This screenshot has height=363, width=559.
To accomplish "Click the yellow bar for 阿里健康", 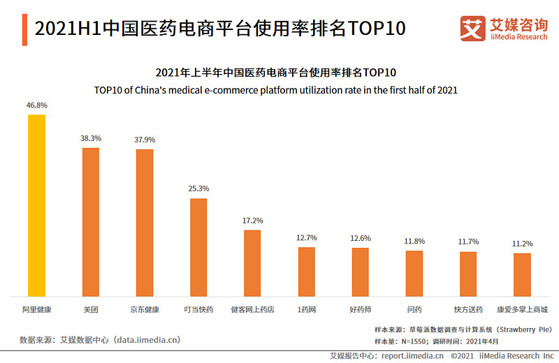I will (x=36, y=205).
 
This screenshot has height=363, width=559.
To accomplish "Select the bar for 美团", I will (x=91, y=222).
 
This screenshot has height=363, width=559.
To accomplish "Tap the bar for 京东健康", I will (x=145, y=223).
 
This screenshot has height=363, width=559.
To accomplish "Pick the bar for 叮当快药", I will (x=198, y=247).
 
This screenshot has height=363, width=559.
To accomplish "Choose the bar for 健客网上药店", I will (x=252, y=262).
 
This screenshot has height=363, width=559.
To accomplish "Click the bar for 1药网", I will (x=306, y=272).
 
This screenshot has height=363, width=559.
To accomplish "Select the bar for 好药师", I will (x=360, y=272).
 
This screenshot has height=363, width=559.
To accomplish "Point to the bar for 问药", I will (x=414, y=273).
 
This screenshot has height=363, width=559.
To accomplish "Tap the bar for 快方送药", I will (x=468, y=274).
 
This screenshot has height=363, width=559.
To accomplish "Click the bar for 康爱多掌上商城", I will (x=522, y=274).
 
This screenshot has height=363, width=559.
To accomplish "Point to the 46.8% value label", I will (x=36, y=105).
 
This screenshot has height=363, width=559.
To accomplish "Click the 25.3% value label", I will (x=198, y=188).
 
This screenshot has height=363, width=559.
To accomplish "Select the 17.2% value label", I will (x=252, y=220).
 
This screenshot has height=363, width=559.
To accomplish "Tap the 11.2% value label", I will (x=522, y=244).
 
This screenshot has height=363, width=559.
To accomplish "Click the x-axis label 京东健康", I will (x=145, y=309).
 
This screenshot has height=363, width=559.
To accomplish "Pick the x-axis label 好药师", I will (x=360, y=309).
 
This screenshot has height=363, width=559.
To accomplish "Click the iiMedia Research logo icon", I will (x=473, y=28).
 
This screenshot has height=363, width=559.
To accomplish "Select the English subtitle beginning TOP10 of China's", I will (x=279, y=90).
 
